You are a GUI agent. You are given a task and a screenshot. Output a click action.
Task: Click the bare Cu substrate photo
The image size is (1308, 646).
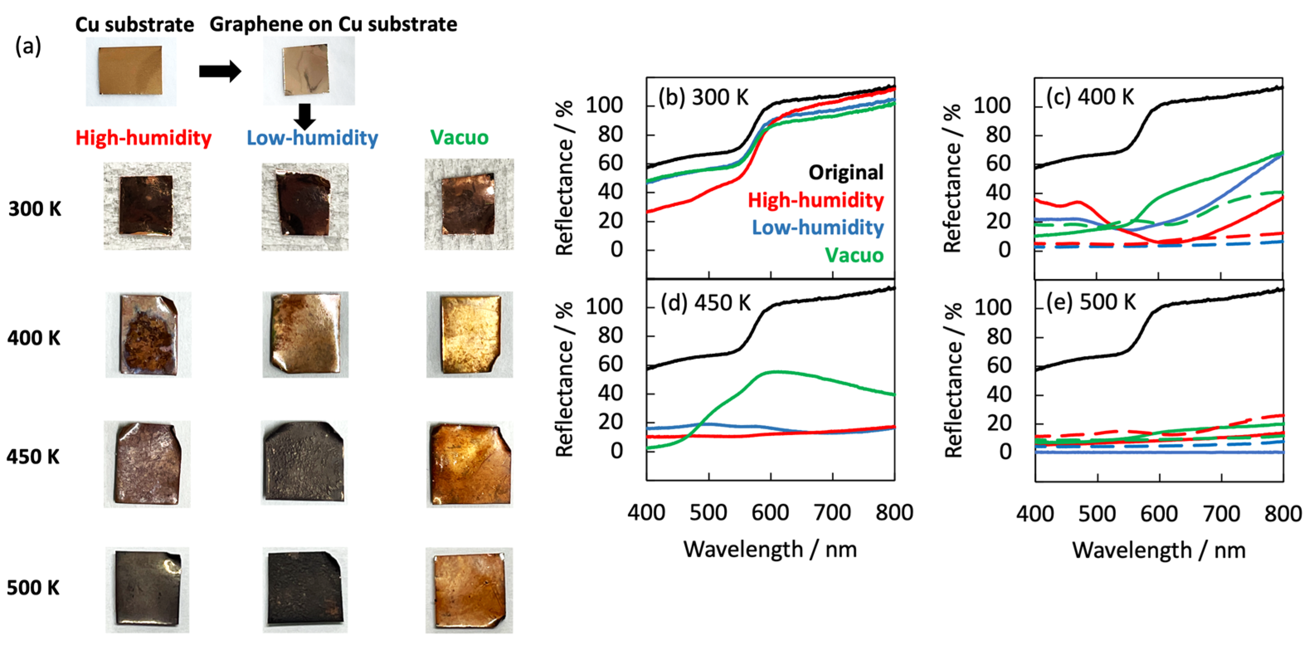click(x=131, y=70)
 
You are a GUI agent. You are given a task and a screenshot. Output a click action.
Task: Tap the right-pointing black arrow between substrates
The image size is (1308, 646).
click(x=219, y=71)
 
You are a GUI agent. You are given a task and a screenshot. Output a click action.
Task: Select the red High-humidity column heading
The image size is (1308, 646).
click(x=143, y=138)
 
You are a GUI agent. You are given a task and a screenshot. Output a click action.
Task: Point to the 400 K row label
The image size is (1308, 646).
click(x=34, y=338)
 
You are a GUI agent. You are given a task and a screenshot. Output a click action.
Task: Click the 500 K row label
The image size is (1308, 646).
click(x=33, y=587)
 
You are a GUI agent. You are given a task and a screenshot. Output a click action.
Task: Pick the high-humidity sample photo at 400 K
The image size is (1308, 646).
click(x=148, y=335)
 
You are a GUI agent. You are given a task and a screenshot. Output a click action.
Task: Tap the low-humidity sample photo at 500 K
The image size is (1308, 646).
click(x=305, y=589)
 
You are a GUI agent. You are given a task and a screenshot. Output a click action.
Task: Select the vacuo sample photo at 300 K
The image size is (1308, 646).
click(x=469, y=204)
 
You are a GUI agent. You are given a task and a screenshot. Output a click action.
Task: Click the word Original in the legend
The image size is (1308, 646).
click(x=846, y=172)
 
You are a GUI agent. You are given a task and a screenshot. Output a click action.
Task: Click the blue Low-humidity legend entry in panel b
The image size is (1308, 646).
click(x=817, y=227)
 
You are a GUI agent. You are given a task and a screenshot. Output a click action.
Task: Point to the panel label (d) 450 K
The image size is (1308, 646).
click(x=705, y=303)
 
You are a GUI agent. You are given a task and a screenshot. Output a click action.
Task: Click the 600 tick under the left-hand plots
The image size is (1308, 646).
click(x=770, y=512)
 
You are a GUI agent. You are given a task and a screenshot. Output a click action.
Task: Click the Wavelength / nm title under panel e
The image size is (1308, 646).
click(x=1159, y=550)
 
